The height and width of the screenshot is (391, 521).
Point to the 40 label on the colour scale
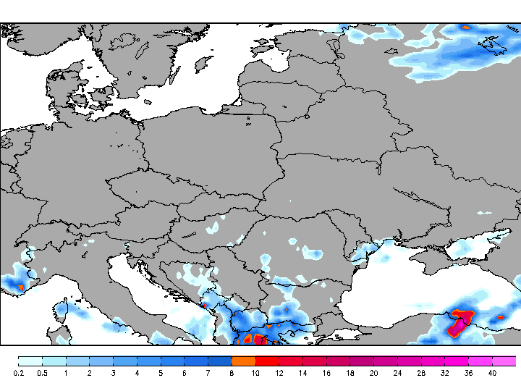(x=492, y=373)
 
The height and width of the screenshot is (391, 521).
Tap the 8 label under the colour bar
(x=232, y=373)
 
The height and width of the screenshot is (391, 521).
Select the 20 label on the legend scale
(x=373, y=373)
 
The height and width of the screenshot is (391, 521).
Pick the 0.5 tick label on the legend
(x=42, y=373)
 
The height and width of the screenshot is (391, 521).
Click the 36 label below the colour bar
(x=468, y=373)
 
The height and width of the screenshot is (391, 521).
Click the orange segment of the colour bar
(x=243, y=361)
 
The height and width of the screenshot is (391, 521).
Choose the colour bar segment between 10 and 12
(x=267, y=361)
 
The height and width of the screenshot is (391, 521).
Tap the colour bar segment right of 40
(x=504, y=361)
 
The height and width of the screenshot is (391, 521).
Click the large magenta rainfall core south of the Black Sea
(x=459, y=324)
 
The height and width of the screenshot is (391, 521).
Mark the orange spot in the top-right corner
(x=467, y=27)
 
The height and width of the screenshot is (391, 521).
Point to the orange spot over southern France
(x=20, y=287)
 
